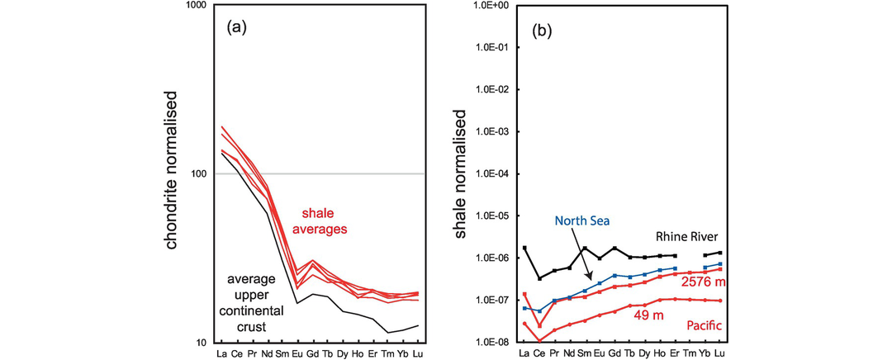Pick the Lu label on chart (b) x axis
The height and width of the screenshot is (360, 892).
[x=719, y=353]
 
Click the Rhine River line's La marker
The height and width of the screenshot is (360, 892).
[x=524, y=248]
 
